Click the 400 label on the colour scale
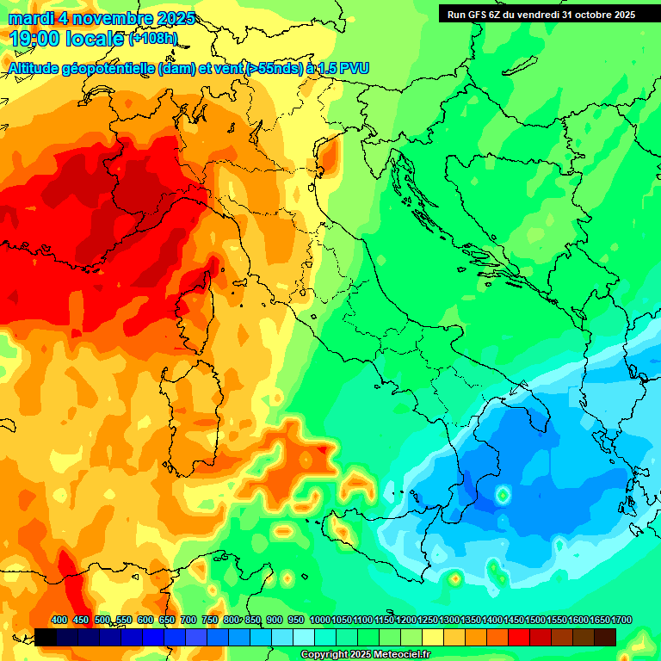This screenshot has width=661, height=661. (x=59, y=620)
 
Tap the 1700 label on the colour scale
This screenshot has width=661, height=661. (x=600, y=620)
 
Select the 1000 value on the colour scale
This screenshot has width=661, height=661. (x=319, y=620)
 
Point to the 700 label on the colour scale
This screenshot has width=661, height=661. (x=188, y=620)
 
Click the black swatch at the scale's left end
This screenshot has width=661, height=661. (x=45, y=637)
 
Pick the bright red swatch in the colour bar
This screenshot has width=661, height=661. (x=519, y=637)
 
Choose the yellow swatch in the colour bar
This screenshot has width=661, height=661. (x=433, y=637)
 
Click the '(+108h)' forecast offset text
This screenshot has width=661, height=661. (x=153, y=39)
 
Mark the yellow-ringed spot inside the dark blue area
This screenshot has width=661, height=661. (x=503, y=496)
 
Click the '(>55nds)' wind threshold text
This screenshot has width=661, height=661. (x=267, y=68)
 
